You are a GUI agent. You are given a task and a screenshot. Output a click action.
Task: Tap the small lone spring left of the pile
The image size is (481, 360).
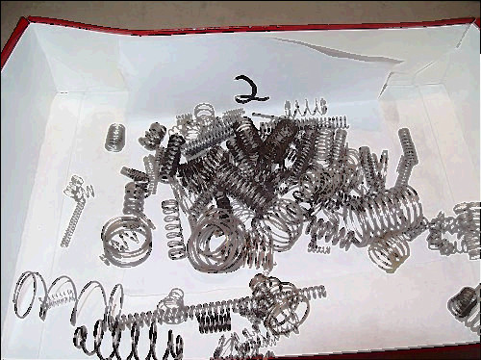click(114, 138)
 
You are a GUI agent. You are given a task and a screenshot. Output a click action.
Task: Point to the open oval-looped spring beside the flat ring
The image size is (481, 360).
click(172, 228)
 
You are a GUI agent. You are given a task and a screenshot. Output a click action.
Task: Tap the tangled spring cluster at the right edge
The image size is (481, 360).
click(455, 229)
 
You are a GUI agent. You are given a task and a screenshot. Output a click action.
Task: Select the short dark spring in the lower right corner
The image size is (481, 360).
click(464, 304)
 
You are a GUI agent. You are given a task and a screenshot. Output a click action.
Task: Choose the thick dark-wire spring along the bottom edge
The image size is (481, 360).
click(128, 342)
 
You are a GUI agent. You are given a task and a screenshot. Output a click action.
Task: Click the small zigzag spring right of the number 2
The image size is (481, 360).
click(305, 108)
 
